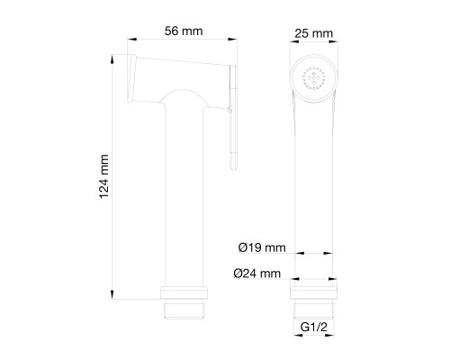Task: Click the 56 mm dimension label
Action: [x=184, y=31]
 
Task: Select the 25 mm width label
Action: [x=314, y=34]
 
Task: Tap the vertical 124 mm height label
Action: [x=103, y=175]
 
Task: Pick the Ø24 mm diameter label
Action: [x=262, y=273]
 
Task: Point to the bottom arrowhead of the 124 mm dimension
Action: [x=112, y=293]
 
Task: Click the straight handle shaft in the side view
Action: [x=187, y=198]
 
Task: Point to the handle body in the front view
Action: [x=314, y=180]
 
